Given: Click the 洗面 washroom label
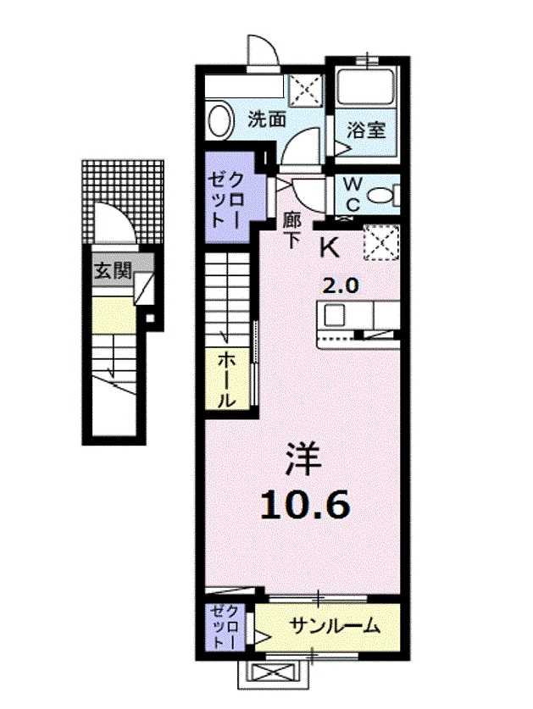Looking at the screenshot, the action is point(266,119).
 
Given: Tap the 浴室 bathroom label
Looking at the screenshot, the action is point(366,130).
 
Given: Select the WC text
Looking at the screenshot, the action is point(353,195).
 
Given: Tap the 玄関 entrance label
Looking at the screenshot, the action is point(113,270).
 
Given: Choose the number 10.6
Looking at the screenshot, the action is point(305,505).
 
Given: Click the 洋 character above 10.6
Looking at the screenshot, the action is point(303,459).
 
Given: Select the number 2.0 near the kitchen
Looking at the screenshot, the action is point(341,285).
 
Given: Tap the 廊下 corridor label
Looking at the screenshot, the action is point(291,230).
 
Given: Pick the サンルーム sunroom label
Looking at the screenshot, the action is point(334,626).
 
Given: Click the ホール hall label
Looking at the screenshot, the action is point(227,380).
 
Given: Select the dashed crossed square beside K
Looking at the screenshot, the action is point(381,243).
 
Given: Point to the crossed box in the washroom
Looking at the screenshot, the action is point(306,91).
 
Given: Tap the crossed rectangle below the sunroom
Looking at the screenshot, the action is point(274,674).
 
